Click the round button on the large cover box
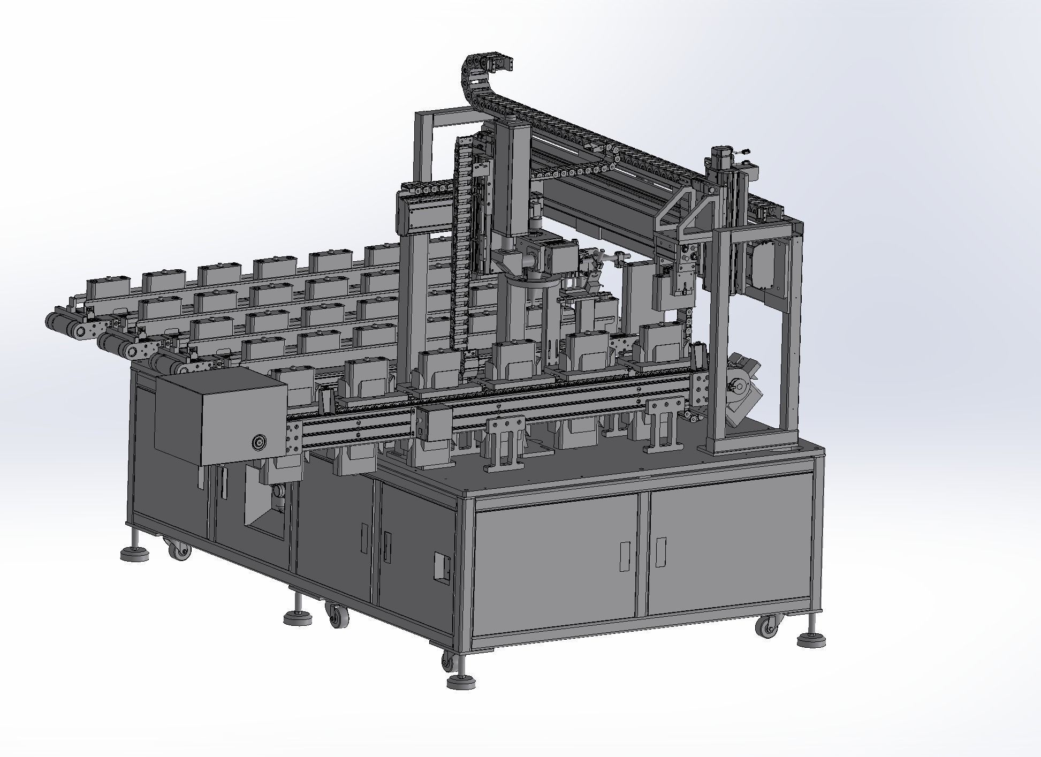[x=259, y=442]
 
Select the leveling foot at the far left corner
[x=134, y=554]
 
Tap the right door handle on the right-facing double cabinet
[x=662, y=551]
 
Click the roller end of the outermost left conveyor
[x=56, y=322]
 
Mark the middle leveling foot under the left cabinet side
[x=298, y=616]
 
